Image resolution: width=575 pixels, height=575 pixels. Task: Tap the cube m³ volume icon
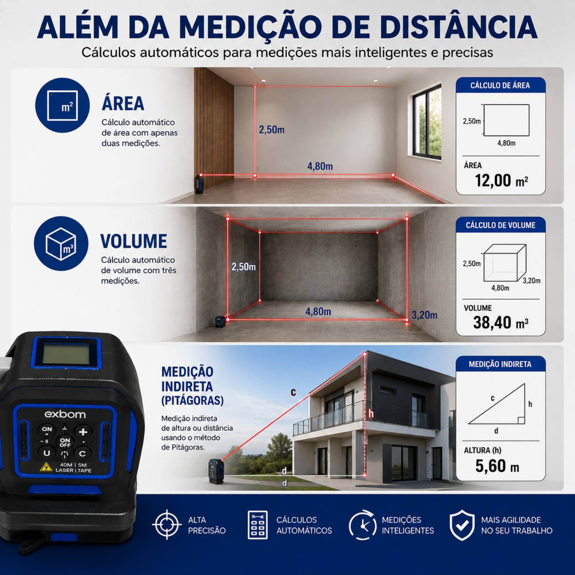click(x=61, y=243)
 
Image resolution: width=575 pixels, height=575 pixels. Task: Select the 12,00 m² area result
click(x=501, y=180)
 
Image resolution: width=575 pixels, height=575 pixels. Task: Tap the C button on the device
click(x=82, y=453)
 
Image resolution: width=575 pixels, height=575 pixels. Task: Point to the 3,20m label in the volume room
click(x=424, y=315)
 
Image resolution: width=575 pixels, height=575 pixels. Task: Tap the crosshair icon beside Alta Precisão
click(x=167, y=525)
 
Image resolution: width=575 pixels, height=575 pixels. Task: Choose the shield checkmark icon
click(x=462, y=525)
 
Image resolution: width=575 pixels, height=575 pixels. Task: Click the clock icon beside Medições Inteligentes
click(x=362, y=525)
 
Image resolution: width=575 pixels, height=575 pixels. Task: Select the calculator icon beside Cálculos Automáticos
click(x=258, y=525)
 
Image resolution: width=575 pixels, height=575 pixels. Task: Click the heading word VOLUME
click(x=133, y=242)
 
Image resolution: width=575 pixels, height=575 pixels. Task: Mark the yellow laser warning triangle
click(x=46, y=467)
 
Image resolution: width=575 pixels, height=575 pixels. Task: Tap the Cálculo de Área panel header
click(x=500, y=85)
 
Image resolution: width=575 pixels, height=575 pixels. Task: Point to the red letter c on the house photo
click(x=293, y=392)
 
